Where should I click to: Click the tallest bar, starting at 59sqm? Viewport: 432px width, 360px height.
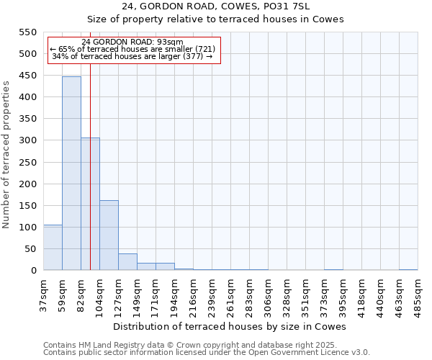[x=71, y=173]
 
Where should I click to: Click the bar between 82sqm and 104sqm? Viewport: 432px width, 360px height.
[x=90, y=204]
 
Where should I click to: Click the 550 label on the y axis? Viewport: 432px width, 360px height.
[x=27, y=32]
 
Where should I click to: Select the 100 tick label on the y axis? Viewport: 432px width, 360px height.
[x=27, y=228]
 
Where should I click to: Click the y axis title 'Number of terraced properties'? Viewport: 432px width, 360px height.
[x=7, y=155]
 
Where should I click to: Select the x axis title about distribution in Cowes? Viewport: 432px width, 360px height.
[x=230, y=326]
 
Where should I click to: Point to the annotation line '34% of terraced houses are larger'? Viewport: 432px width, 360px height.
[x=132, y=56]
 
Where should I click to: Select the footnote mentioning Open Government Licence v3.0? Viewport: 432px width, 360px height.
[x=207, y=353]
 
